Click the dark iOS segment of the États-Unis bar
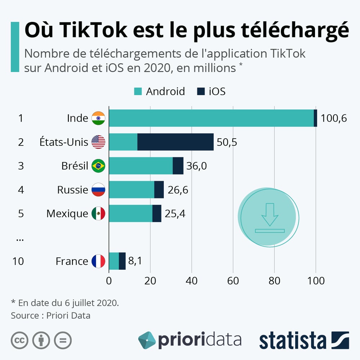(175, 142)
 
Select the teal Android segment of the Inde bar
(211, 118)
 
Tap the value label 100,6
(334, 118)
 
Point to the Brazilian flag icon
(98, 166)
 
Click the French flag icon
(98, 261)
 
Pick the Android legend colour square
(138, 91)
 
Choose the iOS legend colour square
(201, 91)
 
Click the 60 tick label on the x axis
(233, 281)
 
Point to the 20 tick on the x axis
(150, 281)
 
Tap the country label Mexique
(67, 213)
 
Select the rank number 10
(18, 261)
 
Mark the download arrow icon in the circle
(270, 217)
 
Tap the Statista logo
(304, 340)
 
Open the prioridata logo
(190, 340)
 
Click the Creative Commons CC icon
(20, 340)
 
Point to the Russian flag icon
(98, 190)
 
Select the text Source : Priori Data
(50, 316)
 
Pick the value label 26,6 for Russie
(178, 190)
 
